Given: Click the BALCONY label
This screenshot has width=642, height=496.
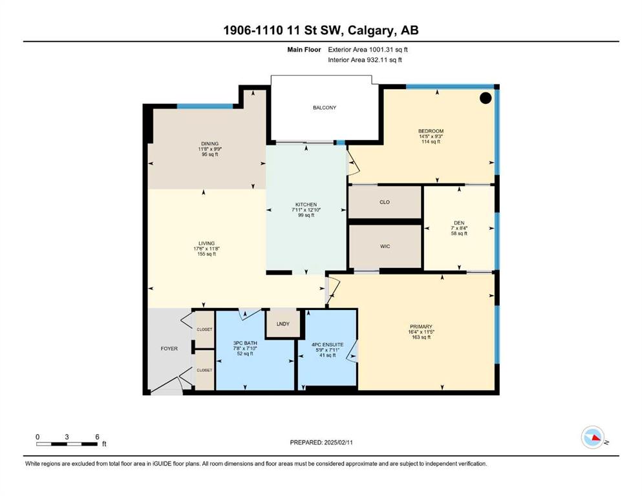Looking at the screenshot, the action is (x=325, y=108).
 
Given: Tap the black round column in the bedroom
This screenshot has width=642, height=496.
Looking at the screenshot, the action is (x=486, y=98).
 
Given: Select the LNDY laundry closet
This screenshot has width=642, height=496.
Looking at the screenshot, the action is (x=283, y=324).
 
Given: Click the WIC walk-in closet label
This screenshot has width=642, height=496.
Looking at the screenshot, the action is (x=385, y=246).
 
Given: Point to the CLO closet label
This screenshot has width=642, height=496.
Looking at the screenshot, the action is (x=385, y=202).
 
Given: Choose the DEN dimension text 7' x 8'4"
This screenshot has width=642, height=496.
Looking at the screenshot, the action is (x=459, y=228).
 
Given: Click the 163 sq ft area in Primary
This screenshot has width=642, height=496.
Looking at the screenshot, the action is (x=421, y=337).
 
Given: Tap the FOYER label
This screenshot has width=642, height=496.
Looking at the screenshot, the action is (x=169, y=348).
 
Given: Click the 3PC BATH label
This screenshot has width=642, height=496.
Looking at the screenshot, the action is (x=245, y=343).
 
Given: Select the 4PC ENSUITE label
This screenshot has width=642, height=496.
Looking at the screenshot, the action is (x=328, y=345).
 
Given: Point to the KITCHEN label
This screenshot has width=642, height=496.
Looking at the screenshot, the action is (x=306, y=205).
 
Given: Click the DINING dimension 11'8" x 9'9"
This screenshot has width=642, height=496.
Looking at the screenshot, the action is (x=209, y=149).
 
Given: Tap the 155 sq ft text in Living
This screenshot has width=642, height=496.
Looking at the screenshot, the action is (x=206, y=254).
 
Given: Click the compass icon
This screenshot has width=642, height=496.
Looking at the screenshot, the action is (x=593, y=437).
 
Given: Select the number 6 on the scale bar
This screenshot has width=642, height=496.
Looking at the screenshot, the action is (x=97, y=437).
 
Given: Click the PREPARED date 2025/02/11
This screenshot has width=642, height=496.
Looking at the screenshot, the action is (x=338, y=442).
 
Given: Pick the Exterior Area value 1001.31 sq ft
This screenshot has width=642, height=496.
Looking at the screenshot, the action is (x=389, y=50).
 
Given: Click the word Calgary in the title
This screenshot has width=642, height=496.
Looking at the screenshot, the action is (x=371, y=30).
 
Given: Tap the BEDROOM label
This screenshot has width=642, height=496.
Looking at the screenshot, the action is (x=431, y=131).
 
